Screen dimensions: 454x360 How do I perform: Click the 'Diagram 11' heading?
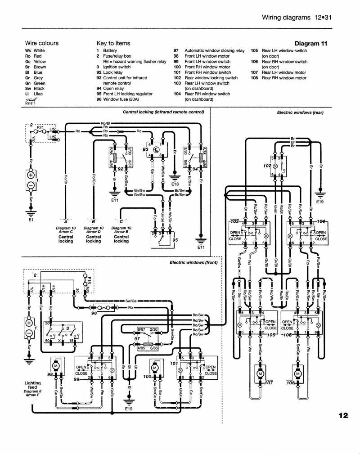(310, 44)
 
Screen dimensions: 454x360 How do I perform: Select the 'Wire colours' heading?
(42, 44)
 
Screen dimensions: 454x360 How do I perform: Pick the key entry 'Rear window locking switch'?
(211, 78)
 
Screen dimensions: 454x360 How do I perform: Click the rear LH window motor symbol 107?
(260, 373)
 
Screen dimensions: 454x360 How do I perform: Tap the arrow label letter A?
(66, 221)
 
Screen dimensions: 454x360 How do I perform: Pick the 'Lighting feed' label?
(32, 383)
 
